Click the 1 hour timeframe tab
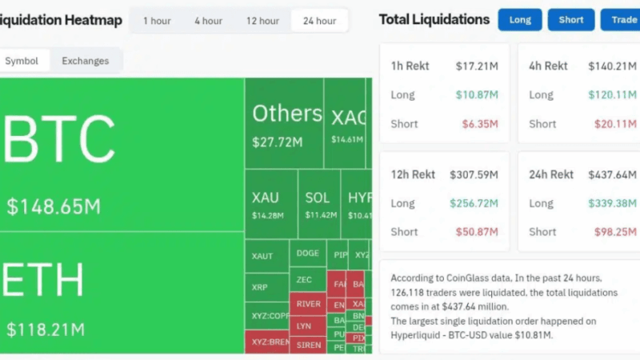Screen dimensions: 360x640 157,21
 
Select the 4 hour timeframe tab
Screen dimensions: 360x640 208,21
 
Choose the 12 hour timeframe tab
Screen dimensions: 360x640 262,21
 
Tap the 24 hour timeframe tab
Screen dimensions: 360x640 319,21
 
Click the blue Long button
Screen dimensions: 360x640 520,20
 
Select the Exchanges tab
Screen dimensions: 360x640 86,61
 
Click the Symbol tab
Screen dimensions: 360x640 22,61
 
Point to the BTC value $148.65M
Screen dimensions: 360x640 54,206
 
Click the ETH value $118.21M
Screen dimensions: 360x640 46,328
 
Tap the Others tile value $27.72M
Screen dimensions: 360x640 277,142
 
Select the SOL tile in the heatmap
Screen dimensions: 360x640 318,204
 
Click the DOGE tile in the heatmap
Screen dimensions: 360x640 307,253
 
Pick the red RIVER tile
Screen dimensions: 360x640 308,304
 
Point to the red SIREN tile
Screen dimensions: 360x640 308,345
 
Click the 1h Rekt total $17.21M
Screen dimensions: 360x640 477,66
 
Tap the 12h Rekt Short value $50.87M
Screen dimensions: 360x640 477,232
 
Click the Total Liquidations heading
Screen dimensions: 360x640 434,19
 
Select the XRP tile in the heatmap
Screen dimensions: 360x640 260,286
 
